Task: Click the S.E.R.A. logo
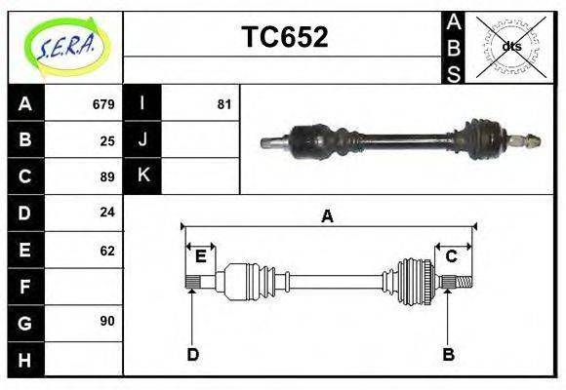pos(64,46)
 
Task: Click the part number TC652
pos(284,38)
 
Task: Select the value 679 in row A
pos(103,104)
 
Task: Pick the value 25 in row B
pos(107,140)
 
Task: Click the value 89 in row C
pos(107,176)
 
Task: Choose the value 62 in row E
pos(107,250)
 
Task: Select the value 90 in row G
pos(107,321)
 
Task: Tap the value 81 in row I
pos(223,104)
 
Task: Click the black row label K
pos(142,176)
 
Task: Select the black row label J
pos(142,140)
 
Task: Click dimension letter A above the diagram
pos(328,216)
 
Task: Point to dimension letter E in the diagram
pos(200,256)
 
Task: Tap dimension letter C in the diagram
pos(452,256)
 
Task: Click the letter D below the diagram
pos(193,354)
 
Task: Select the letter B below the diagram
pos(448,354)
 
